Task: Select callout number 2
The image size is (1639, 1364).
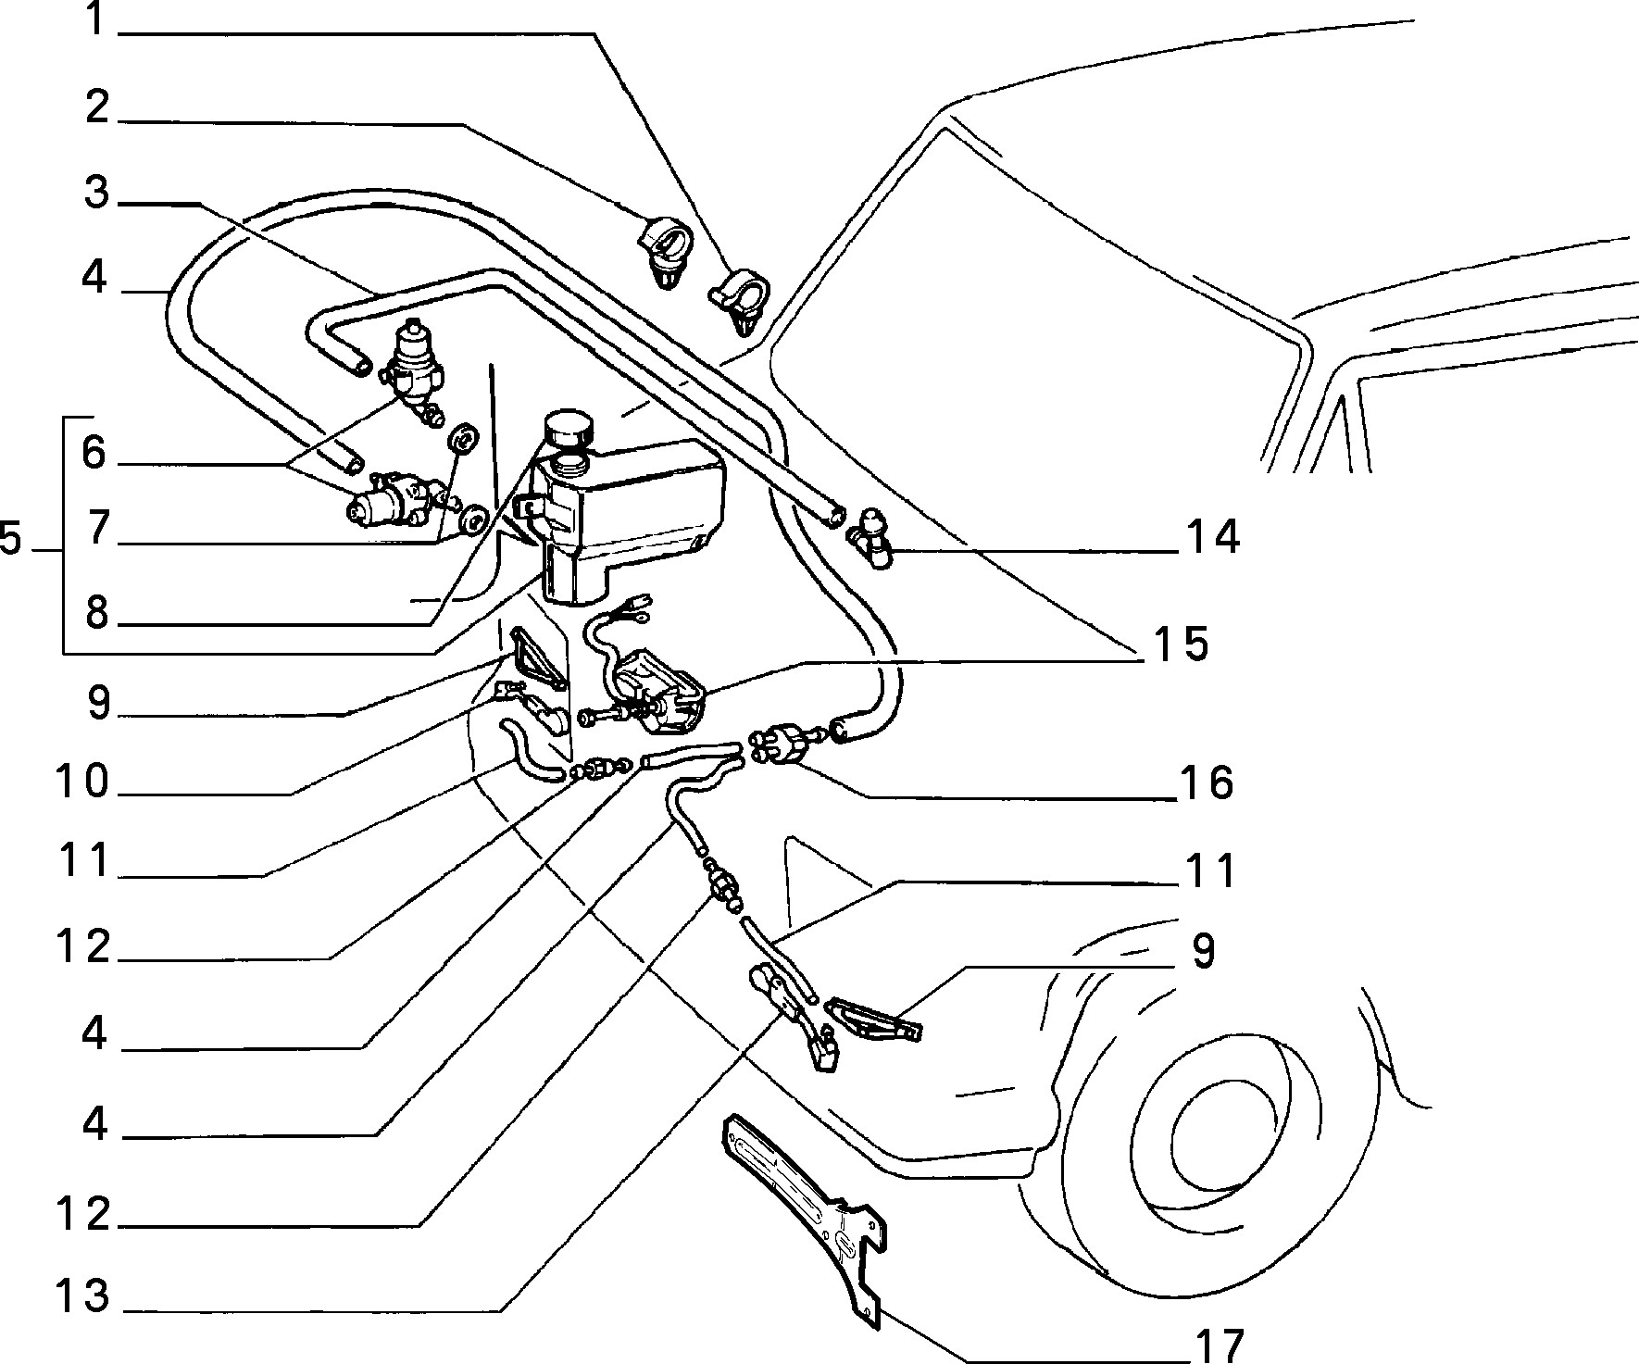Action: (x=94, y=109)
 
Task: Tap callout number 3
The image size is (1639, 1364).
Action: (x=94, y=194)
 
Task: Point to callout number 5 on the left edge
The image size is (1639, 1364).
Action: (x=11, y=538)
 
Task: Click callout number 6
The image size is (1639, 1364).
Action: (x=94, y=454)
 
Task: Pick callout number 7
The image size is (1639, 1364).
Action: (x=94, y=531)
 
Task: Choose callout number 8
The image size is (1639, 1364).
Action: (x=94, y=613)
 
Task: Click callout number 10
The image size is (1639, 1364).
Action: (x=81, y=782)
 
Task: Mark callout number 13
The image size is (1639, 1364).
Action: (x=81, y=1295)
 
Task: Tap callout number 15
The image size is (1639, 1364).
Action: (x=1180, y=644)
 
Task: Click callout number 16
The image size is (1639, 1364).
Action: (x=1206, y=783)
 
